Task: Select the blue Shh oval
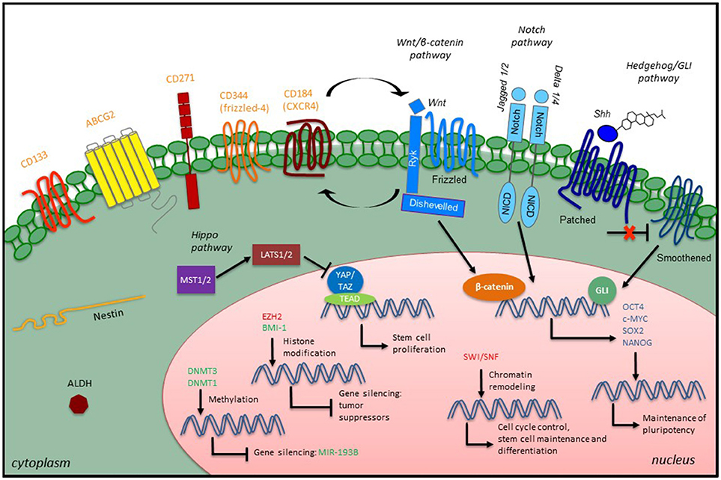[585, 133]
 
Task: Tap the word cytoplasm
[39, 464]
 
